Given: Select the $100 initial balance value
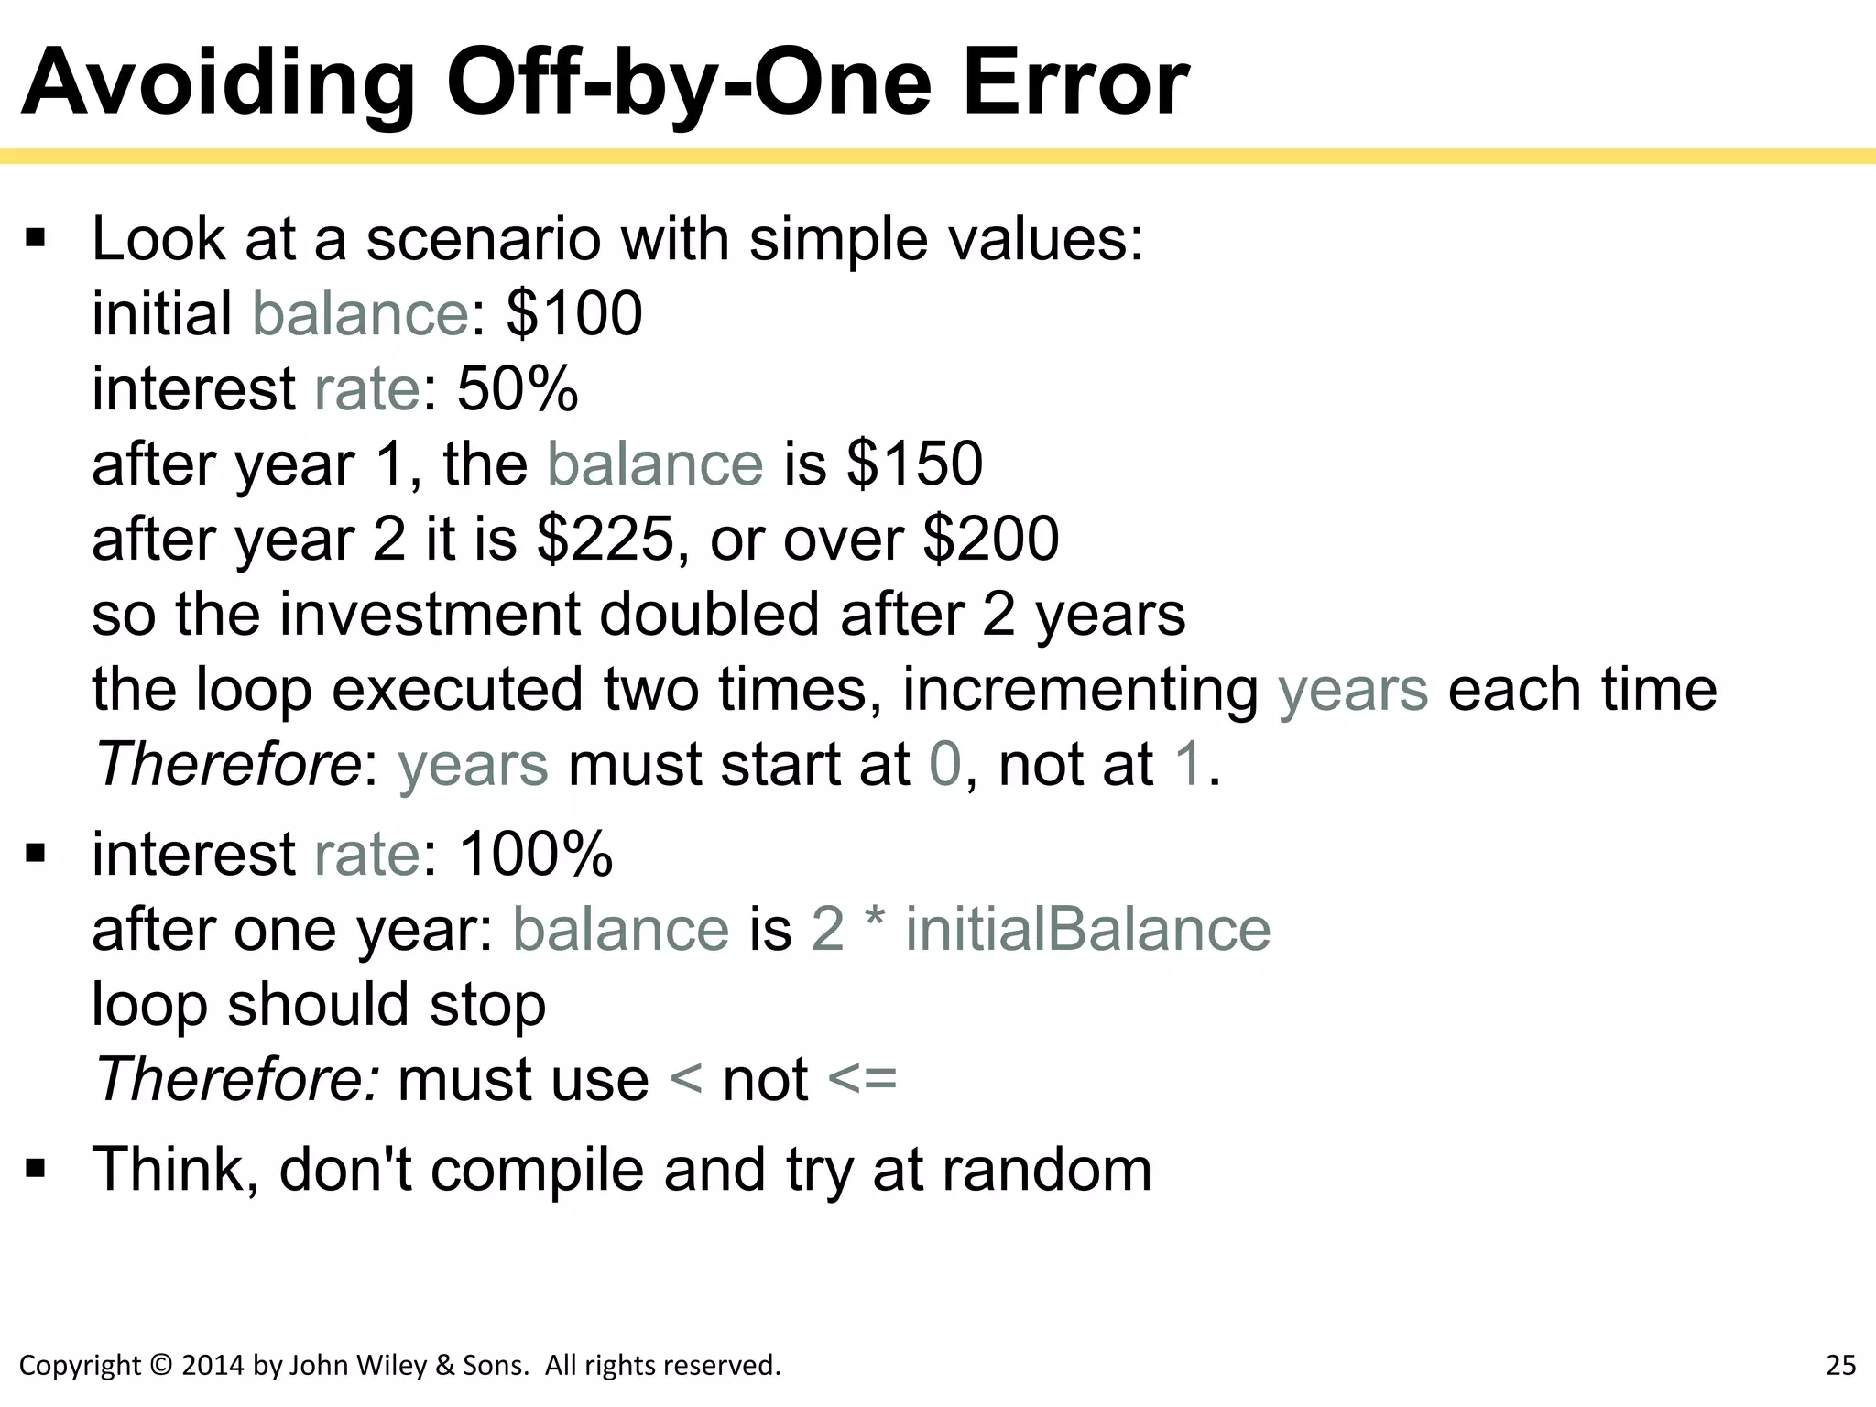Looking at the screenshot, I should pos(574,314).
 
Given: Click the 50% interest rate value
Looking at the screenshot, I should pos(518,389).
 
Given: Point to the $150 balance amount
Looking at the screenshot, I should pos(914,464).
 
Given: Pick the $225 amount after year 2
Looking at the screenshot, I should pos(605,540).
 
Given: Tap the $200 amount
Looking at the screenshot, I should pos(990,540).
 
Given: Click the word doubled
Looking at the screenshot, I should pos(708,615).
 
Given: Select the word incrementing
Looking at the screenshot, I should pos(1080,690).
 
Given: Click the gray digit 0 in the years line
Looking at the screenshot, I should pos(944,765).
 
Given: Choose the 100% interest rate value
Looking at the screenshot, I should pos(535,855).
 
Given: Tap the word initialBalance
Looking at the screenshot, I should pos(1087,930).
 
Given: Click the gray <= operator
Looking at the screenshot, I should pos(862,1079).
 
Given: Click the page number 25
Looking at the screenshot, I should pos(1840,1366).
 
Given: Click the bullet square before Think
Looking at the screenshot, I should pos(36,1169).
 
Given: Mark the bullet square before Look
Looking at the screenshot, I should pos(36,240).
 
